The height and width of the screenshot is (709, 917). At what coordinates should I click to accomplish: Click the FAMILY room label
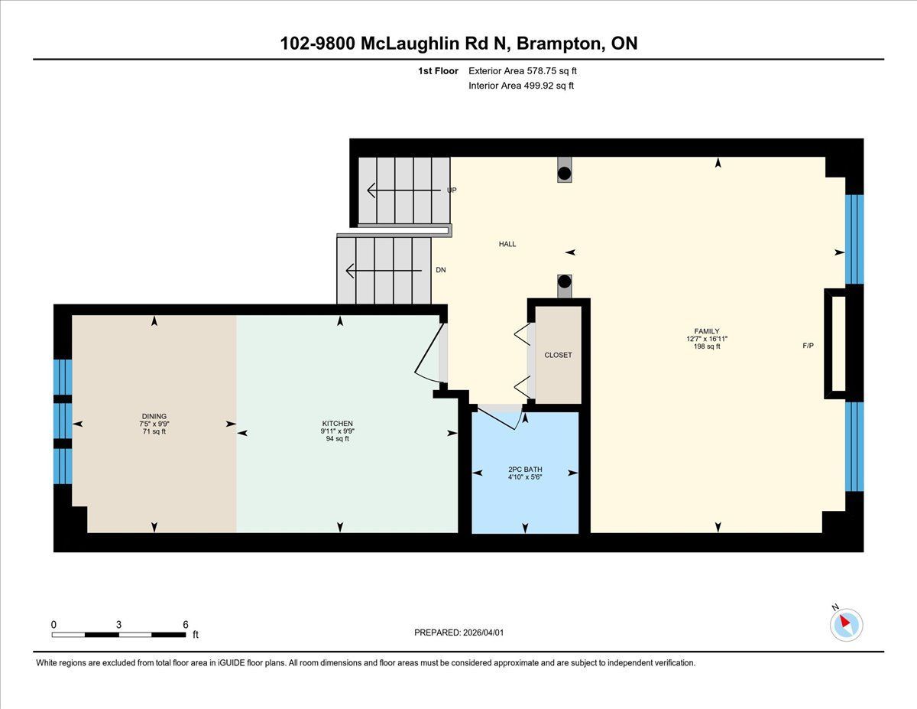707,331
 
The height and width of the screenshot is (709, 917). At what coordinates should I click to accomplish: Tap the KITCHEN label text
337,423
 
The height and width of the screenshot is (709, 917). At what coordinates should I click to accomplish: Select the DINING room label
154,416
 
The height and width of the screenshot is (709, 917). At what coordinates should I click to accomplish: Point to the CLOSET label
558,355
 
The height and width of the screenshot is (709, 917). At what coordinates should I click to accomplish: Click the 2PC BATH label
525,469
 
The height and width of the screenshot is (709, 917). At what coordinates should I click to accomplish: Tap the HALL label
507,244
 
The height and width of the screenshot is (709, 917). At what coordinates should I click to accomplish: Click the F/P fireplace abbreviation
808,346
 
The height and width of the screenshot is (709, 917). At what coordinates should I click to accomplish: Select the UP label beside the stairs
452,190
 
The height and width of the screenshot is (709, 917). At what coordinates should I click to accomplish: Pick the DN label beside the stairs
441,270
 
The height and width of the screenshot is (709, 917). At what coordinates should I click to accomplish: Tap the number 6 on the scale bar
185,624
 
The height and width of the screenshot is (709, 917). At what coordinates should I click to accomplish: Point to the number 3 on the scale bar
118,624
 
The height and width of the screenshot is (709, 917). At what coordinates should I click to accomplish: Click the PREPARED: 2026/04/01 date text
458,633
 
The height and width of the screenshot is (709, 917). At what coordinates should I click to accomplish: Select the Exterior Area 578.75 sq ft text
523,71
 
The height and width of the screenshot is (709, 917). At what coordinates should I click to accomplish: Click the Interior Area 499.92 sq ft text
521,86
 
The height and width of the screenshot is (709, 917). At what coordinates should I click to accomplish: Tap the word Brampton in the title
559,44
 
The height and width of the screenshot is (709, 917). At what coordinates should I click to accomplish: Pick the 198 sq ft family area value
707,346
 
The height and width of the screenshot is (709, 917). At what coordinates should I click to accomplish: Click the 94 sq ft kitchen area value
337,439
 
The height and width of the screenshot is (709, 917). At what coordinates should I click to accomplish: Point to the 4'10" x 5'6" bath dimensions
525,477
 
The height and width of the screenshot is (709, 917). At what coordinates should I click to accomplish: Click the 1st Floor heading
438,71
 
